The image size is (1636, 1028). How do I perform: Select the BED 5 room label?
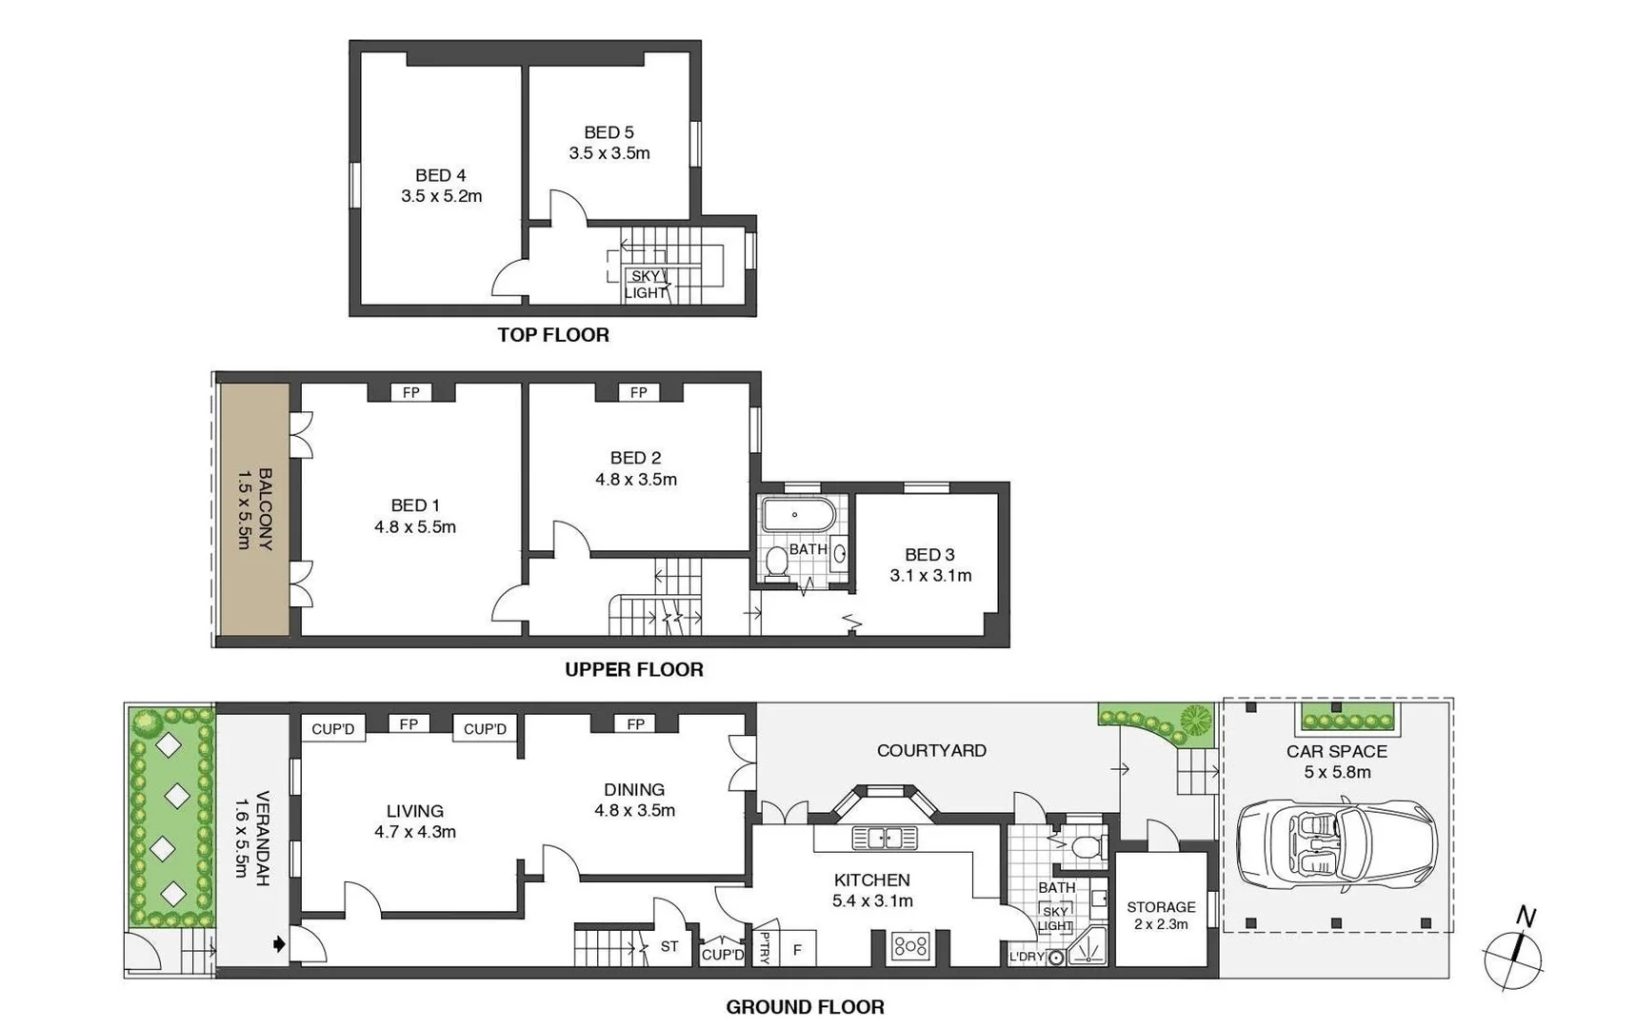(609, 132)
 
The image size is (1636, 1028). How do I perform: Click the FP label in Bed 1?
(411, 392)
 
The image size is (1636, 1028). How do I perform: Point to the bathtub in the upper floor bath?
(798, 516)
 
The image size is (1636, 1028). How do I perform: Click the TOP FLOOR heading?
(552, 334)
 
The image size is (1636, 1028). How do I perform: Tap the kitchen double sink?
(884, 838)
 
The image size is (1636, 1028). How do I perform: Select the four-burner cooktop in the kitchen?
(910, 945)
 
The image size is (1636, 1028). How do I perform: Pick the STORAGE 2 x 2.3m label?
(1161, 915)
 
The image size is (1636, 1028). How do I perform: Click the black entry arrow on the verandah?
(278, 944)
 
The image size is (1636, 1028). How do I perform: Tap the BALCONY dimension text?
(244, 509)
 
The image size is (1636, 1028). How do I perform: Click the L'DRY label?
(1027, 957)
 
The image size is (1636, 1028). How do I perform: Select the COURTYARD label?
(930, 750)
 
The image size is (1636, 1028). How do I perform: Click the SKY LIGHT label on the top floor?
(646, 284)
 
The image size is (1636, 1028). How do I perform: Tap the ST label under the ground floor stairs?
(669, 946)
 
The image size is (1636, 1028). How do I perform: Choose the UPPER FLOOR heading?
(633, 669)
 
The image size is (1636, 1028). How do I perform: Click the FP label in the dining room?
(636, 724)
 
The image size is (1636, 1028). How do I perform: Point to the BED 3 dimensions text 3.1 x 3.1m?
(930, 575)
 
